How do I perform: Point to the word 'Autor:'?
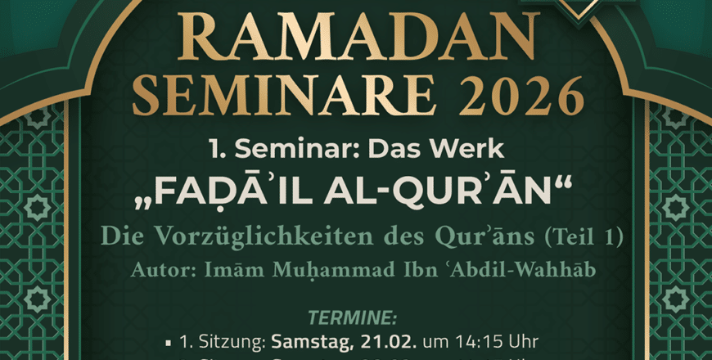click(158, 269)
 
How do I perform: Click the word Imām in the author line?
click(237, 269)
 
